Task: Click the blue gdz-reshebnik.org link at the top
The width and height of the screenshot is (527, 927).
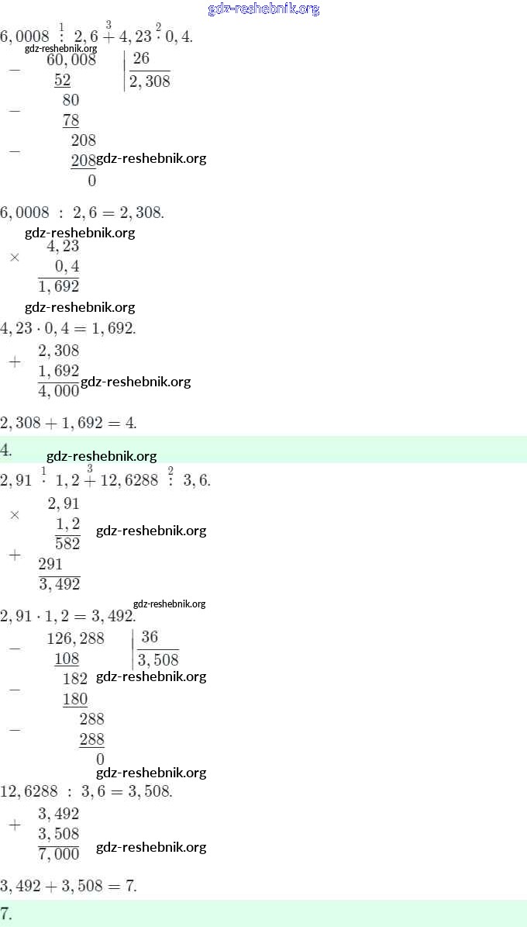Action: point(263,9)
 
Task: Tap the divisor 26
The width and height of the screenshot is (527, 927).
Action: point(141,59)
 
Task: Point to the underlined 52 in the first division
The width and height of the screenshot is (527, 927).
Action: point(63,80)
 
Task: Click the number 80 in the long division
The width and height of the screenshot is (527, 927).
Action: point(71,100)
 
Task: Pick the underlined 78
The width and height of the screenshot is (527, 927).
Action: point(71,120)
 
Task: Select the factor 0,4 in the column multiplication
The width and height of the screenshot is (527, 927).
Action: point(67,267)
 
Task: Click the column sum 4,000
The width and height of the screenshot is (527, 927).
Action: point(59,391)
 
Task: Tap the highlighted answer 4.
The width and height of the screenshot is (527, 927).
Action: point(6,450)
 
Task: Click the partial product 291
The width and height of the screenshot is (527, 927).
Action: point(50,564)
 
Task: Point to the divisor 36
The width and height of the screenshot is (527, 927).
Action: point(150,638)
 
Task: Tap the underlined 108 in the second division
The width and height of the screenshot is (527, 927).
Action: point(67,659)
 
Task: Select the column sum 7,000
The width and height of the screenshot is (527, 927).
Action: point(59,854)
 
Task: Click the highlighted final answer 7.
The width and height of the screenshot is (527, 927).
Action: point(6,912)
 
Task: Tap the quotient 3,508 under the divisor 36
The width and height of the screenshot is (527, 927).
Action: point(158,660)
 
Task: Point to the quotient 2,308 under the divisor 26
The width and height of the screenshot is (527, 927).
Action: point(150,81)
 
